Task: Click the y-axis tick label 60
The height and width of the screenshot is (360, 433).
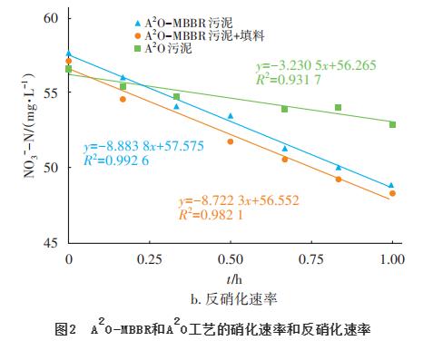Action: tap(49, 18)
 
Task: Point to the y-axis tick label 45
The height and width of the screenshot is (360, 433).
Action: tap(49, 243)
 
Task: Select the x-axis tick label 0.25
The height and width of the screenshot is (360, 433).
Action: tap(149, 258)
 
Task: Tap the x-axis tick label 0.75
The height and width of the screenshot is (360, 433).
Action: tap(311, 258)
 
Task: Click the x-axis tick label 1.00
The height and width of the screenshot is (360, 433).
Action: tap(392, 258)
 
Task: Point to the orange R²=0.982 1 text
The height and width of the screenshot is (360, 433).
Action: tap(212, 216)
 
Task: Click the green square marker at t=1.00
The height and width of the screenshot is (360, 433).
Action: tap(392, 124)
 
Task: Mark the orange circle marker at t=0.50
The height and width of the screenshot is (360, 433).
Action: tap(231, 141)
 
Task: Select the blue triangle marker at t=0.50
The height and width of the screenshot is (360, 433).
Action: tap(231, 116)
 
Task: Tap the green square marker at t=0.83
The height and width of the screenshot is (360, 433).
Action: tap(338, 107)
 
